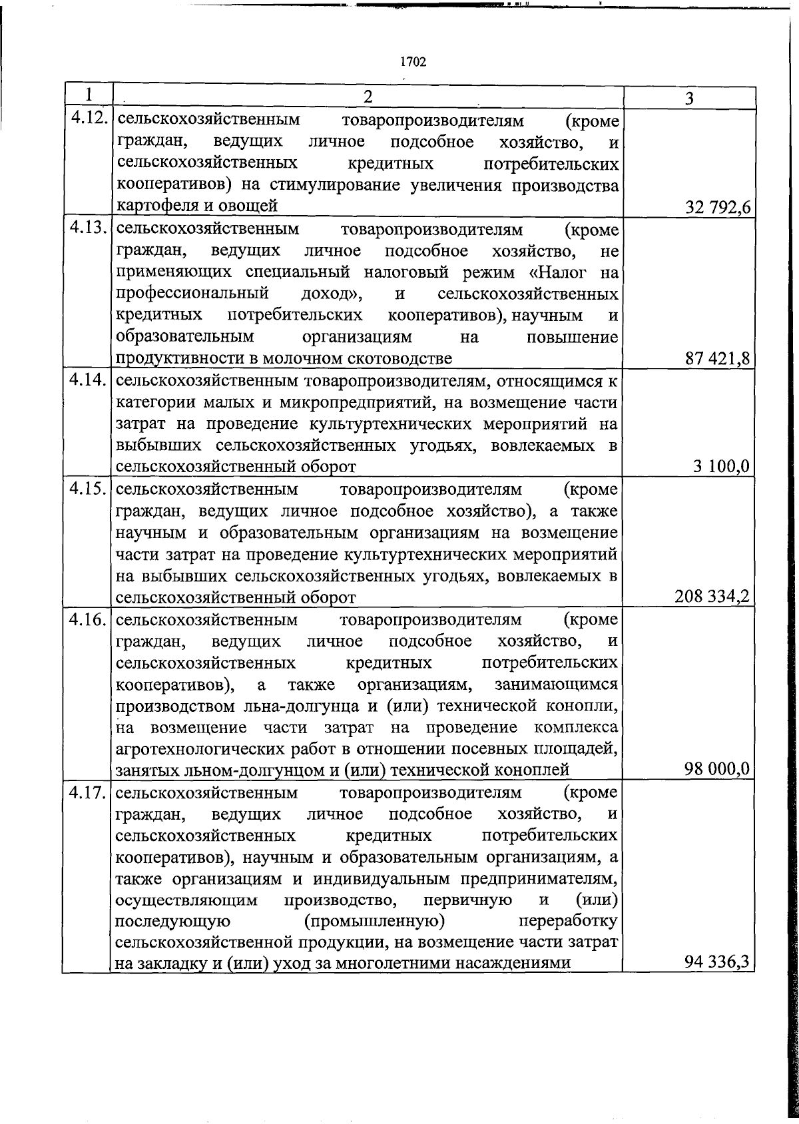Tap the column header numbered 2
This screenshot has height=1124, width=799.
tap(368, 97)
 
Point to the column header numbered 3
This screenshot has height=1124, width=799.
tap(689, 99)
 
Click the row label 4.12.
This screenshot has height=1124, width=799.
tap(89, 119)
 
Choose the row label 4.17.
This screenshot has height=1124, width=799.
tap(89, 792)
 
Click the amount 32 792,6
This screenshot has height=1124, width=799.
tap(718, 208)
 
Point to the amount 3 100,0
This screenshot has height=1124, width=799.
tap(722, 468)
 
